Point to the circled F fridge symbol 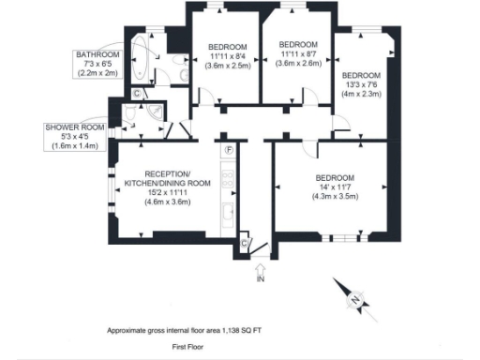[x=228, y=149]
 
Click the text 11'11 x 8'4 [x=228, y=57]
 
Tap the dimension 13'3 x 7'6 [x=361, y=84]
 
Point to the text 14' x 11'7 [x=335, y=187]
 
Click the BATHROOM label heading [x=98, y=55]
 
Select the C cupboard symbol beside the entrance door [x=245, y=243]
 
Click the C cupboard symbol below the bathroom [x=137, y=93]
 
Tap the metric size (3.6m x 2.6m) [x=298, y=64]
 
